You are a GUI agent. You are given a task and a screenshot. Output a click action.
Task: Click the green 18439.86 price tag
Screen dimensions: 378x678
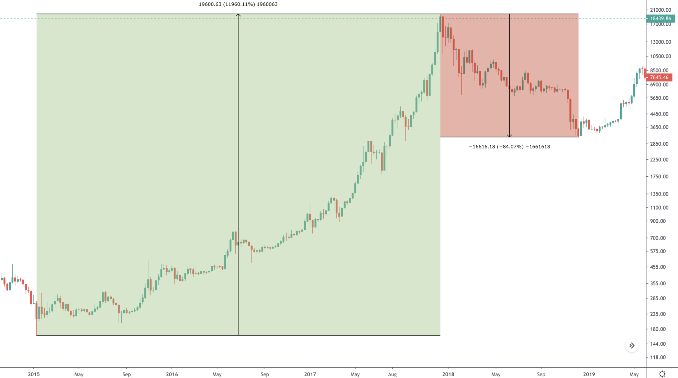[x=660, y=19]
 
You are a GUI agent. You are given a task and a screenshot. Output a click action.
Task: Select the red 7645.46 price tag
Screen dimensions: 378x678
[x=659, y=77]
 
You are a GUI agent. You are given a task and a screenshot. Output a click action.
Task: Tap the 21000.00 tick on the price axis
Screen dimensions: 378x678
[x=660, y=10]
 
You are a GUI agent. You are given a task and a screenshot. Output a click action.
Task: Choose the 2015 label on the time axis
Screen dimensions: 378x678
[x=34, y=374]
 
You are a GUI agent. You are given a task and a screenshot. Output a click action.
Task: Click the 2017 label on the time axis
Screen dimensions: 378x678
[x=310, y=374]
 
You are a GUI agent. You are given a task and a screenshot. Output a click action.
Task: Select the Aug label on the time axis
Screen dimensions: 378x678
[x=392, y=374]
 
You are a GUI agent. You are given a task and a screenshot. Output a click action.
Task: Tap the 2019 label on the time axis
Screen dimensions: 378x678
[x=589, y=374]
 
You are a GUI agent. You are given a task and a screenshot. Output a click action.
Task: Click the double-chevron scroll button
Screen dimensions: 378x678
[x=632, y=346]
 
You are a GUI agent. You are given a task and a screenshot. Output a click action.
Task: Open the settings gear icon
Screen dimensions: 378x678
[x=662, y=374]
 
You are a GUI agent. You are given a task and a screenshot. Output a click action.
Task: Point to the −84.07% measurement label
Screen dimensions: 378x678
[x=509, y=147]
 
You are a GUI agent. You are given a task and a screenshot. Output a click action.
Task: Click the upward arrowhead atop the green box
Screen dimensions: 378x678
[x=238, y=15]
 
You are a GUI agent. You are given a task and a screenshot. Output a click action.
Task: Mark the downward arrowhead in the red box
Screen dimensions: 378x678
[x=509, y=136]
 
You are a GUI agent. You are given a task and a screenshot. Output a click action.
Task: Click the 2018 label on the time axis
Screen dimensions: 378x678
[x=448, y=374]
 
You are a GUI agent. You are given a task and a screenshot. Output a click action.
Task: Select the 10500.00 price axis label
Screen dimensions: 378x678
[x=660, y=56]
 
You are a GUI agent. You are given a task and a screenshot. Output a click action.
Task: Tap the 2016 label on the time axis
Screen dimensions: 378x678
[x=172, y=374]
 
